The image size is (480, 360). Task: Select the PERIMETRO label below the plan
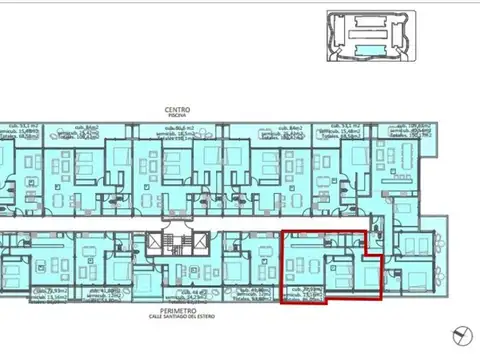[x=180, y=311]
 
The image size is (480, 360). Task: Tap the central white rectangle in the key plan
[x=370, y=36]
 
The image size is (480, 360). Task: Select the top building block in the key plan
[x=370, y=18]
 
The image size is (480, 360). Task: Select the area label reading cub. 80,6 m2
[x=181, y=127]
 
